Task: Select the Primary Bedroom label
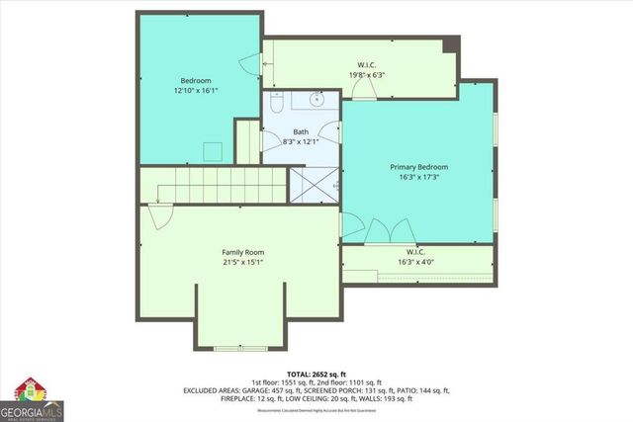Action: click(x=419, y=167)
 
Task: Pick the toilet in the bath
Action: click(x=278, y=103)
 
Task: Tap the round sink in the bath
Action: click(x=318, y=99)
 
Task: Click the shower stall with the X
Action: click(x=311, y=185)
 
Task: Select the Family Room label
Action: click(x=242, y=252)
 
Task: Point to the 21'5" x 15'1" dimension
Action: click(x=242, y=262)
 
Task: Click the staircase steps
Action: click(x=213, y=185)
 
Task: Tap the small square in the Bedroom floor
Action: click(x=212, y=149)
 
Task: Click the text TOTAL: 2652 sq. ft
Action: click(x=316, y=374)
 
